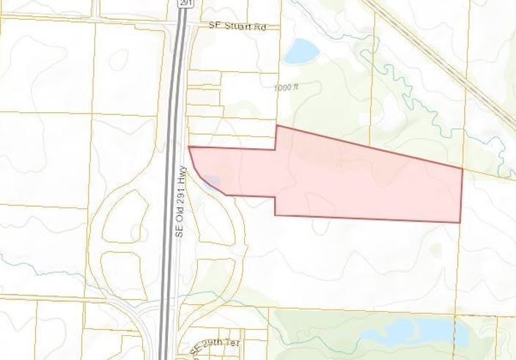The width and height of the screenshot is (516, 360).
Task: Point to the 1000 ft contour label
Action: click(287, 87)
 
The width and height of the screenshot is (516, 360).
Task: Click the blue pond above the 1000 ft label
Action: click(301, 51)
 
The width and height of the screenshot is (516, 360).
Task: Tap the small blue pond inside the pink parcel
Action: click(210, 180)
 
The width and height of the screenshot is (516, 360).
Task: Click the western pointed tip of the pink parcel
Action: click(189, 147)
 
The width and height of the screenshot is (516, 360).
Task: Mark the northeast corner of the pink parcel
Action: click(462, 169)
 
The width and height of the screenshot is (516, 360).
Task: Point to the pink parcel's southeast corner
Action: click(460, 222)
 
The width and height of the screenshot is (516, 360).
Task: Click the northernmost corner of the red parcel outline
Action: click(276, 126)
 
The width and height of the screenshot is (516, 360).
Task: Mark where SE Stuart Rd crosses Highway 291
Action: click(180, 26)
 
